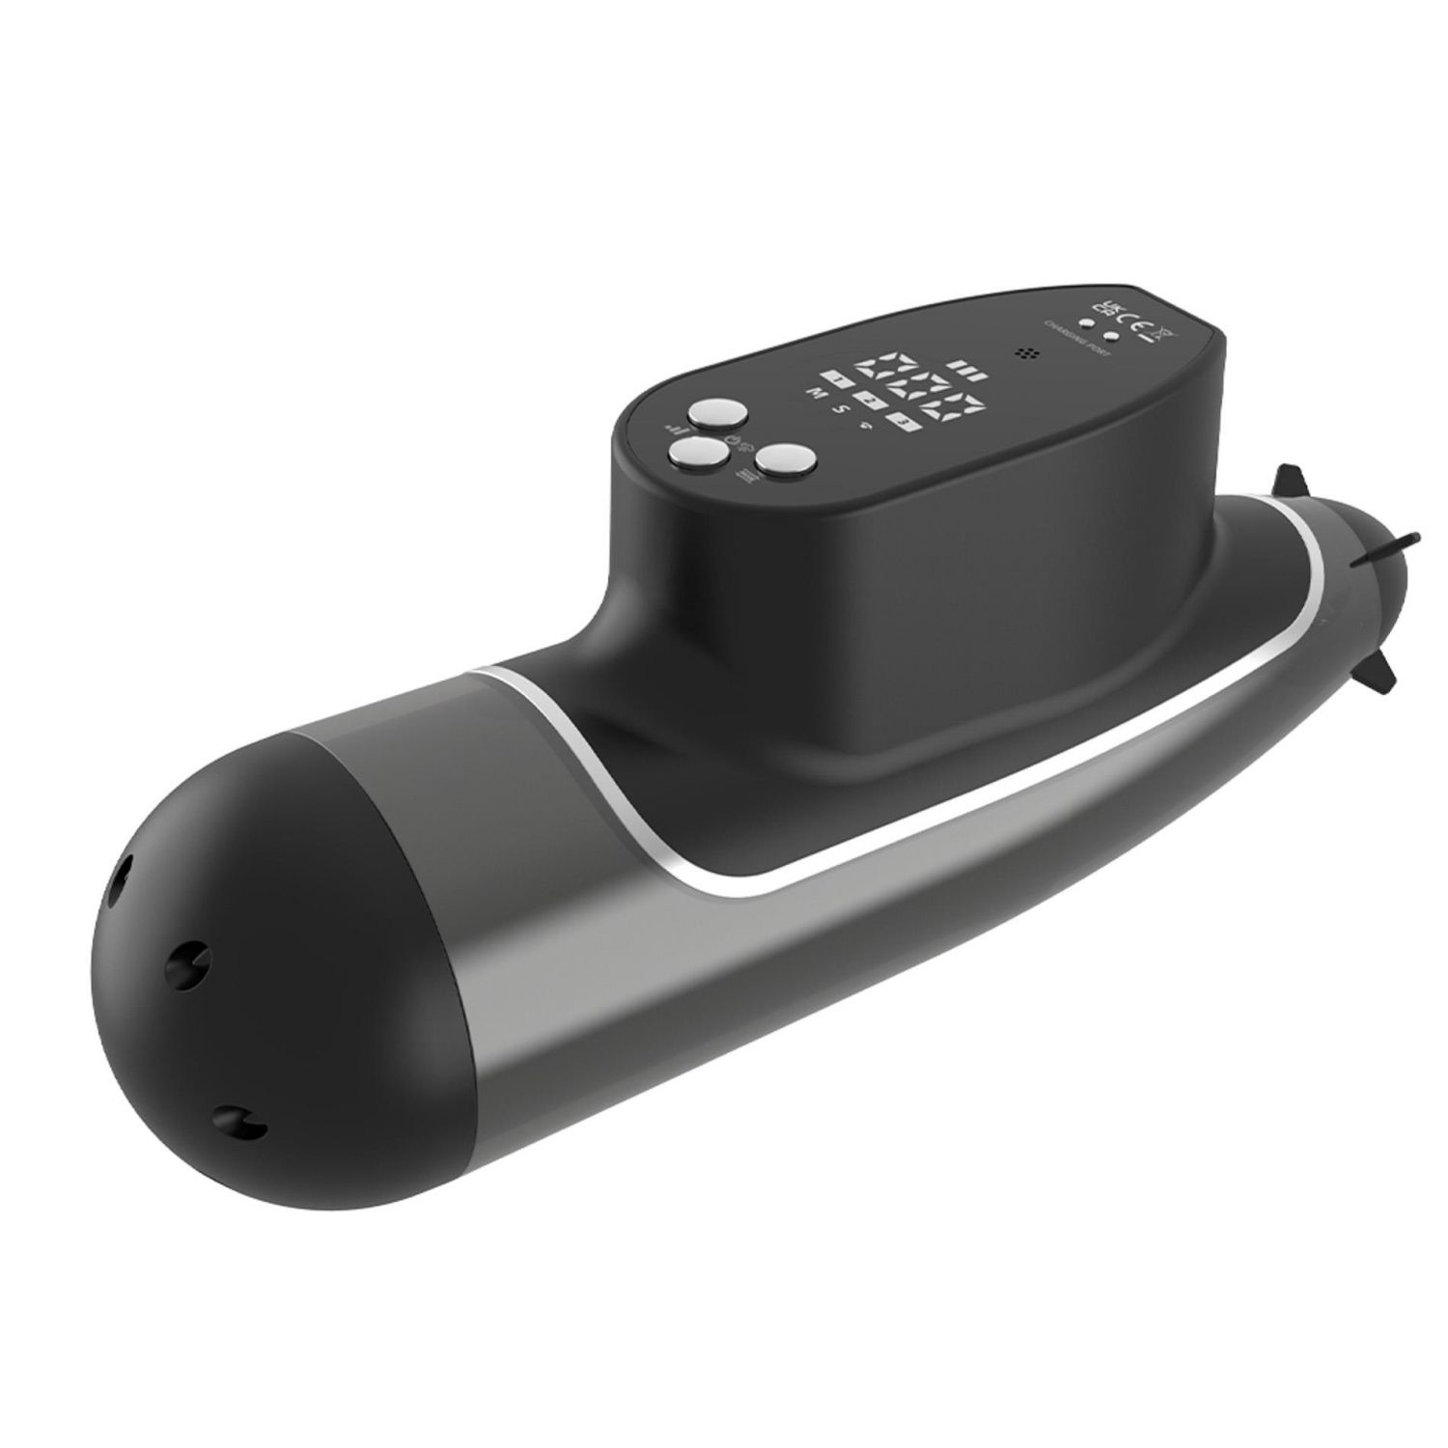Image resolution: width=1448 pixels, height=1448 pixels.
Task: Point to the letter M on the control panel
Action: click(x=810, y=394)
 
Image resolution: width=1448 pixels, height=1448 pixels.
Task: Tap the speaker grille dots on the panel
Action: click(x=1025, y=353)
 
